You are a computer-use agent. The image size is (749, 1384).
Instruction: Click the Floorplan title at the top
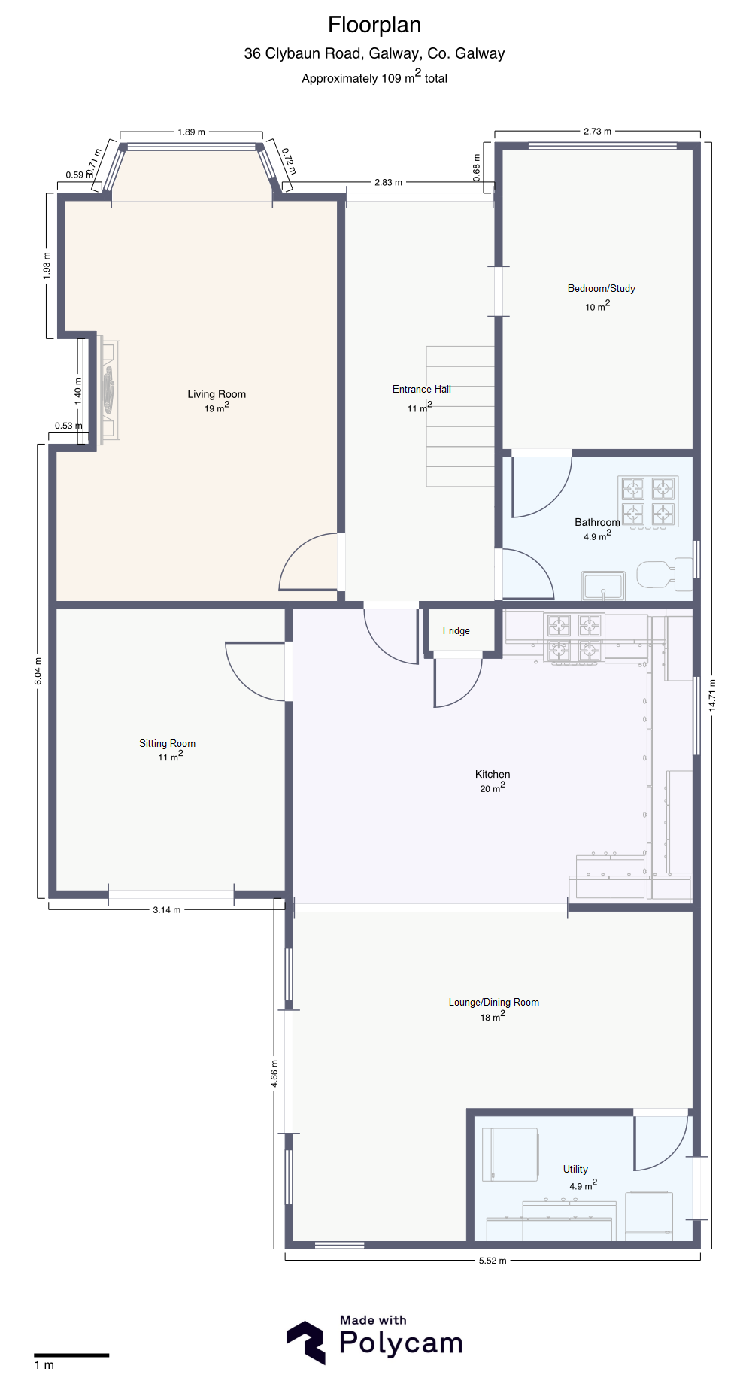click(374, 25)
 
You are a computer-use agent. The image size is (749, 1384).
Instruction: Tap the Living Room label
click(217, 394)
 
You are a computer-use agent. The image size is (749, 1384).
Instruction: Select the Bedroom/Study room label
click(602, 288)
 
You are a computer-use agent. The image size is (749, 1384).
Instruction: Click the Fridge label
click(456, 630)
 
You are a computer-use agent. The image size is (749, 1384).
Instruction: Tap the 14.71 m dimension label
click(712, 695)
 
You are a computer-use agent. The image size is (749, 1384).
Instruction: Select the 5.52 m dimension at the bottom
click(493, 1261)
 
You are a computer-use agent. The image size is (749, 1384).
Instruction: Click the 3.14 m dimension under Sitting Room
click(166, 910)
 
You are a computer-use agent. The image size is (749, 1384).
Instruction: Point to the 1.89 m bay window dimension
click(191, 132)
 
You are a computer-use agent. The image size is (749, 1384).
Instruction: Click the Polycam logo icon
click(306, 1343)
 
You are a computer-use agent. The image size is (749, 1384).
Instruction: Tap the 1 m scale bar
click(71, 1355)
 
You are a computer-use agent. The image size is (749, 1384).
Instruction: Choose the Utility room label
click(575, 1169)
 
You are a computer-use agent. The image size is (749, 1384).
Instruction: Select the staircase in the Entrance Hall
click(460, 416)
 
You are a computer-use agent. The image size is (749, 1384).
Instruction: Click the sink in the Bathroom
click(603, 586)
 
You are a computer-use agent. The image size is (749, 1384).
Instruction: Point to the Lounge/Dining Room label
click(494, 1002)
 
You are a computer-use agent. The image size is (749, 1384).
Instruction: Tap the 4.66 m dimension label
click(274, 1074)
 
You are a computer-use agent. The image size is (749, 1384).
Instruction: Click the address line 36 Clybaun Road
click(374, 53)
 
